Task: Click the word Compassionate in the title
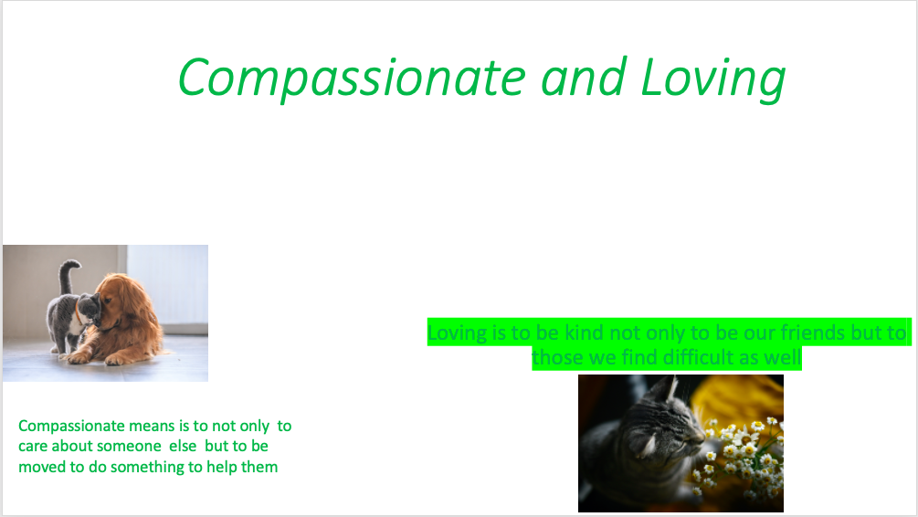pos(352,79)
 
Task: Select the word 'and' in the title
pos(583,78)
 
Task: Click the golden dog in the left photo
pos(125,318)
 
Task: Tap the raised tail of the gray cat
pos(69,275)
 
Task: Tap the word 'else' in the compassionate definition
pos(183,446)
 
